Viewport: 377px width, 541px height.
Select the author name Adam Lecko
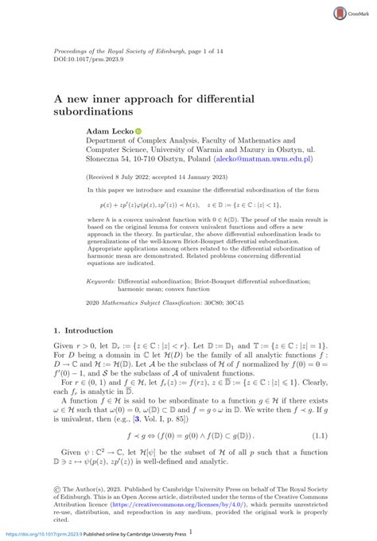(x=110, y=131)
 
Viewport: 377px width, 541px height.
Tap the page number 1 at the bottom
(x=190, y=532)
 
